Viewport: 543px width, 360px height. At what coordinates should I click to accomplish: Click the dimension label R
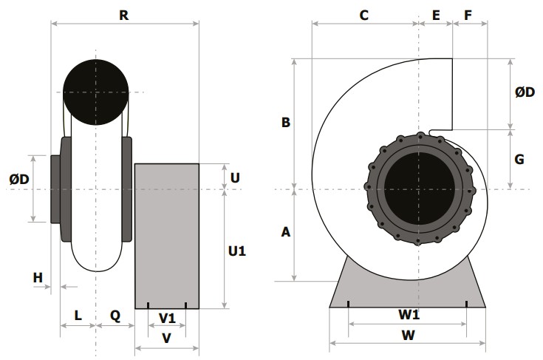point(124,16)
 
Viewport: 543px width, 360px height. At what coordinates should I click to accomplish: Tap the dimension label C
point(363,16)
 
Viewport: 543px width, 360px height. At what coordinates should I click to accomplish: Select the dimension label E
point(436,16)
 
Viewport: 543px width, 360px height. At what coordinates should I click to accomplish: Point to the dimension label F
point(468,16)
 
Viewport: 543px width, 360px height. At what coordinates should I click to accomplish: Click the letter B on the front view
point(286,122)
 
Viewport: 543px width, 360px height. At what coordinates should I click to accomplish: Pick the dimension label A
point(286,232)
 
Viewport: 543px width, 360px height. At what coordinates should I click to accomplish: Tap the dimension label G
point(519,160)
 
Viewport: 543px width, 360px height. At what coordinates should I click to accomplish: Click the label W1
point(409,315)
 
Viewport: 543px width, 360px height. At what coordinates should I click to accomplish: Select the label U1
point(237,251)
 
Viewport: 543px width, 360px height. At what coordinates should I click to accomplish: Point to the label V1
point(167,318)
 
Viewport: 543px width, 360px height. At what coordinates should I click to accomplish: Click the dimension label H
point(38,277)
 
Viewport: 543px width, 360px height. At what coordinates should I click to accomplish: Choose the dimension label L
point(78,316)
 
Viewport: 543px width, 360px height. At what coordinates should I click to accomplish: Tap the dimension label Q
point(115,316)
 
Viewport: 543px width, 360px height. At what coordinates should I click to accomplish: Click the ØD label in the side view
point(19,179)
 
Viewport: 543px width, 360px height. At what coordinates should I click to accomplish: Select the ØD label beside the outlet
point(525,92)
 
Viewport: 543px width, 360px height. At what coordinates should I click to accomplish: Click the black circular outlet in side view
point(96,92)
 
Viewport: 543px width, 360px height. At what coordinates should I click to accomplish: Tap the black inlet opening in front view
point(419,189)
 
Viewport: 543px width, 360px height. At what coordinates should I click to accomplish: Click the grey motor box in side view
point(167,236)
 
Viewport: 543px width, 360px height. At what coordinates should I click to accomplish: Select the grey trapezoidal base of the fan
point(408,293)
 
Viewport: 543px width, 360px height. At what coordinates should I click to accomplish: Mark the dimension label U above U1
point(235,177)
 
